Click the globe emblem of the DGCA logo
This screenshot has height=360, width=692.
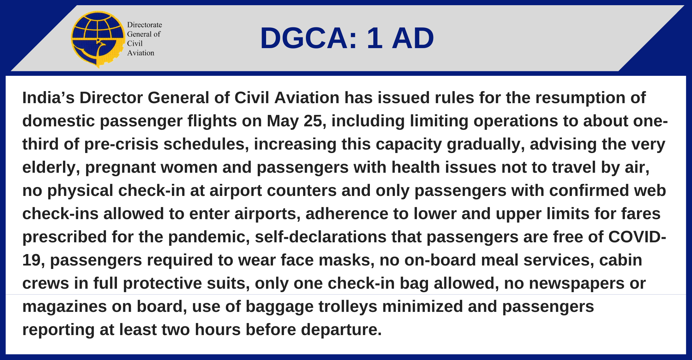click(x=98, y=39)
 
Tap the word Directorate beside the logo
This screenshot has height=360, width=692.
click(x=144, y=25)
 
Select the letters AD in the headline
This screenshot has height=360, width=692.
click(x=412, y=38)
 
